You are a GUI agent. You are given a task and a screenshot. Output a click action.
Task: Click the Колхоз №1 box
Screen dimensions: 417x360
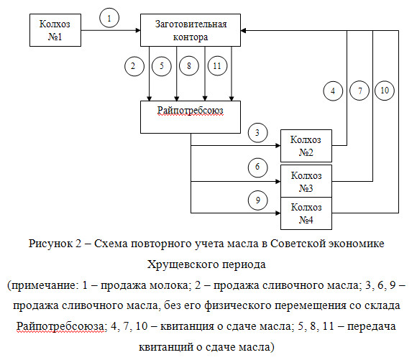click(x=55, y=30)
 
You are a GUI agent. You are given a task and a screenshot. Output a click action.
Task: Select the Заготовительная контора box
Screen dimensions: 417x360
click(x=191, y=30)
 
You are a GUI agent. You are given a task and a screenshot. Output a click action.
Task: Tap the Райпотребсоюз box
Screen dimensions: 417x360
click(x=191, y=117)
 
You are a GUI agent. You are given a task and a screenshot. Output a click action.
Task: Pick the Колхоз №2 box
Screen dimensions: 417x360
click(x=306, y=146)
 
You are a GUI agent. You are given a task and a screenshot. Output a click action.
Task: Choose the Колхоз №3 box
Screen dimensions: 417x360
click(x=306, y=181)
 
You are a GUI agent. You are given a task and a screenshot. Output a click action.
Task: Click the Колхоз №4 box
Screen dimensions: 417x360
click(x=306, y=213)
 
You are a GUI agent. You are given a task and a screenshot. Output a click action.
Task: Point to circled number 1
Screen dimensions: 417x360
click(x=109, y=18)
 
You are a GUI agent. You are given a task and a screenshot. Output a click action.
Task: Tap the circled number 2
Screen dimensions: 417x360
click(x=134, y=66)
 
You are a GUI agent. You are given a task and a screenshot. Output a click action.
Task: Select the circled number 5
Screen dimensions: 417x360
click(x=162, y=66)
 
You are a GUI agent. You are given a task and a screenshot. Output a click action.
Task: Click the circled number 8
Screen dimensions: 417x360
click(x=189, y=65)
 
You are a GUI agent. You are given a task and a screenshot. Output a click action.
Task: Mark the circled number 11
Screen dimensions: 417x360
click(x=217, y=65)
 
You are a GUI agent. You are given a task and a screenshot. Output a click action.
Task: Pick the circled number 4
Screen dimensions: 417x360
click(x=333, y=91)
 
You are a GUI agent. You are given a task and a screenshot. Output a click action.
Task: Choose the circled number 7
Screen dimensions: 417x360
click(x=359, y=91)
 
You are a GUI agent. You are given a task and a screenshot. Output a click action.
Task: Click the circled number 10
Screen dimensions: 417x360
click(x=385, y=91)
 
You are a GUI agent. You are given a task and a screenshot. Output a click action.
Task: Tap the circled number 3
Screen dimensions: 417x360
click(x=257, y=133)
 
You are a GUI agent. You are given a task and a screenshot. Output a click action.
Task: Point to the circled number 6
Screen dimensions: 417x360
click(x=257, y=167)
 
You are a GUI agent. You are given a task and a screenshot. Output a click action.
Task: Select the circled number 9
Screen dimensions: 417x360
click(x=257, y=200)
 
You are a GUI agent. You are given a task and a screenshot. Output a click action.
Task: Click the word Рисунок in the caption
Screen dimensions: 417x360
click(x=50, y=244)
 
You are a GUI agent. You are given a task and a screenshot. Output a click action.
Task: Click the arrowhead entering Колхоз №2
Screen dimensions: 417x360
click(x=278, y=145)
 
